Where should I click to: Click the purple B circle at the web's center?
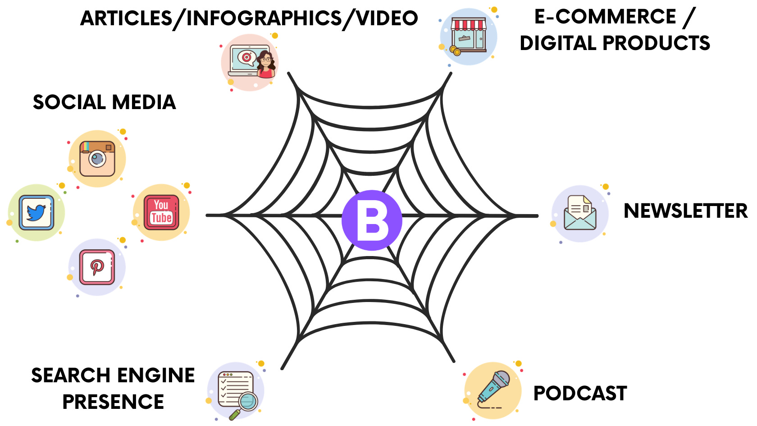pos(372,220)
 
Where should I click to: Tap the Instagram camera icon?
pos(97,159)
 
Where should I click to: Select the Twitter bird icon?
pos(36,212)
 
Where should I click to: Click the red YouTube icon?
pos(161,212)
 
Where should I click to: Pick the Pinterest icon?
pos(97,267)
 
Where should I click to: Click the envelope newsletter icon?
pos(580,213)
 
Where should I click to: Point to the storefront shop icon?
pos(469,36)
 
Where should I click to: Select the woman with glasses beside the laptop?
pos(266,64)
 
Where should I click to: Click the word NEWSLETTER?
pos(685,211)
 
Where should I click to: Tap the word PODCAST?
pos(580,393)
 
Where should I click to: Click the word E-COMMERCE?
pos(605,17)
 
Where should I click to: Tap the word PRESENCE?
pos(113,402)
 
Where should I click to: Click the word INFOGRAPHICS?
pos(264,18)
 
